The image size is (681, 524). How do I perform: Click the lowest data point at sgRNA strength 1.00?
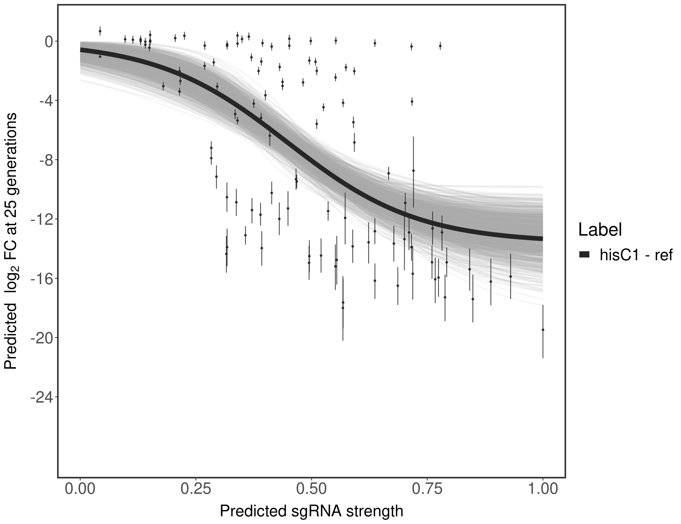(543, 330)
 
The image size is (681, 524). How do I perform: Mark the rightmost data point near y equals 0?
(440, 46)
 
